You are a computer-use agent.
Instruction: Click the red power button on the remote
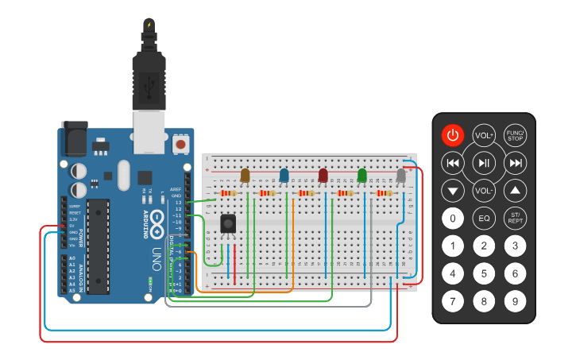pyautogui.click(x=452, y=135)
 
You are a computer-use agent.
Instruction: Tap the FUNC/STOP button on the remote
pyautogui.click(x=516, y=135)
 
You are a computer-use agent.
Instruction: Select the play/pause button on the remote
pyautogui.click(x=484, y=163)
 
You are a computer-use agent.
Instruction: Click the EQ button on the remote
pyautogui.click(x=484, y=218)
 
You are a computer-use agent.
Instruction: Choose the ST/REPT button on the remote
pyautogui.click(x=516, y=218)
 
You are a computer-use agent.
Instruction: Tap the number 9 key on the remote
pyautogui.click(x=516, y=301)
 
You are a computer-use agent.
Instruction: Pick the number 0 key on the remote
pyautogui.click(x=452, y=218)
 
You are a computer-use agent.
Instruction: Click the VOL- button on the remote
pyautogui.click(x=484, y=191)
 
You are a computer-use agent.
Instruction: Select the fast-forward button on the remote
pyautogui.click(x=516, y=163)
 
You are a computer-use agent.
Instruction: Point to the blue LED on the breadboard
pyautogui.click(x=284, y=176)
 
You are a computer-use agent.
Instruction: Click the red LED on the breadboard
pyautogui.click(x=323, y=176)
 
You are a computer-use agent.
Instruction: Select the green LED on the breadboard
pyautogui.click(x=362, y=176)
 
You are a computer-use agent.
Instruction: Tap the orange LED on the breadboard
pyautogui.click(x=245, y=176)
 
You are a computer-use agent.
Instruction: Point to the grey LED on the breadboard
pyautogui.click(x=401, y=176)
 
